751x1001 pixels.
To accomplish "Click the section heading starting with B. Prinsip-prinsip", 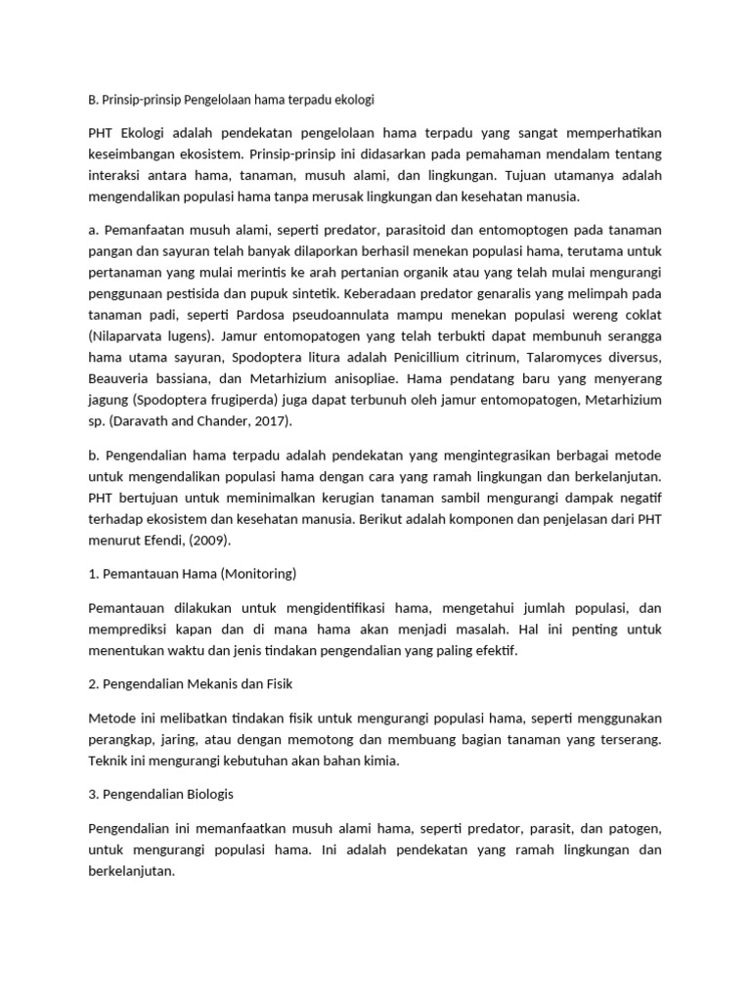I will coord(231,100).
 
